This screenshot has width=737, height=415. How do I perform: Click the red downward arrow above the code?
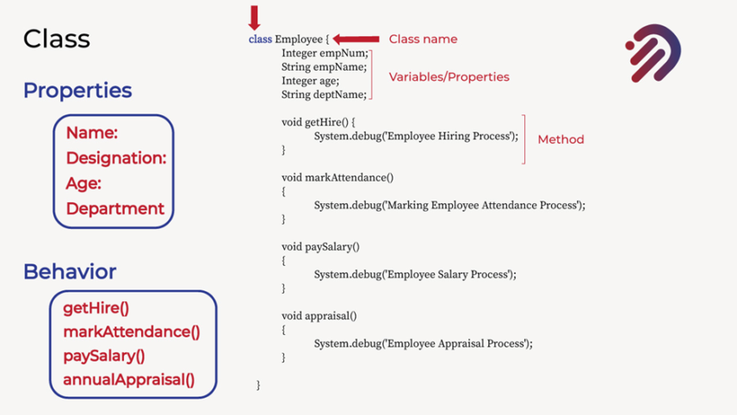(254, 18)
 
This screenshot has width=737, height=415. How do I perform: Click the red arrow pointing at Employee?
(356, 39)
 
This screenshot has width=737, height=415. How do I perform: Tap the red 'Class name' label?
(423, 39)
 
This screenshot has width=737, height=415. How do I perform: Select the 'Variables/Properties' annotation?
(449, 77)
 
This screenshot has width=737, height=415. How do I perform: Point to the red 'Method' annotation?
(560, 139)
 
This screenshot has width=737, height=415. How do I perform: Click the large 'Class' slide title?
(57, 39)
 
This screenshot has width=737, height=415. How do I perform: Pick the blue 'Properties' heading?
(77, 90)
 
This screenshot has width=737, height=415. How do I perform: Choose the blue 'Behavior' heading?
(70, 272)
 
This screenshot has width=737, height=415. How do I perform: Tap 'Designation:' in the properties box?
(116, 158)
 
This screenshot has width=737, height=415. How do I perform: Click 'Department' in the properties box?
(115, 208)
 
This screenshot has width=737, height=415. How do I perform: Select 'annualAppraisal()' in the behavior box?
(129, 380)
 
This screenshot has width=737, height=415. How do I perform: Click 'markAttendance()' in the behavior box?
(132, 331)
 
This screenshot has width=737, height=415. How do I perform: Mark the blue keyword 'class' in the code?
(260, 39)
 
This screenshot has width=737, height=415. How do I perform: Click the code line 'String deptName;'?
(324, 95)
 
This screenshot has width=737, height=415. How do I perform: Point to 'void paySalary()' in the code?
(320, 247)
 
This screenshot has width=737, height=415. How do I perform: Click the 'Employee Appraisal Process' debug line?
(423, 344)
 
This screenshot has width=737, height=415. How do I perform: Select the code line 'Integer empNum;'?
(325, 53)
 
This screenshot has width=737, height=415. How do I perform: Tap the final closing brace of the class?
(258, 385)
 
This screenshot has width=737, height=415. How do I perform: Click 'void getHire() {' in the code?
(318, 122)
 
